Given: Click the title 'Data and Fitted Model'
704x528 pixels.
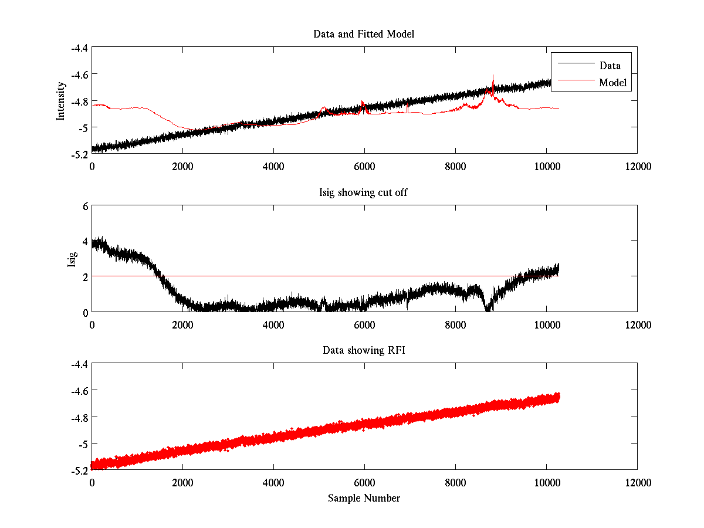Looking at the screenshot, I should click(x=364, y=34).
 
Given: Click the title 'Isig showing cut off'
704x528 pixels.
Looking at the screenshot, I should click(x=364, y=192).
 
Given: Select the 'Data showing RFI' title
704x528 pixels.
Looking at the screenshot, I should click(x=364, y=350).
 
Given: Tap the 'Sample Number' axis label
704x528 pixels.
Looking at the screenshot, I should click(x=364, y=498).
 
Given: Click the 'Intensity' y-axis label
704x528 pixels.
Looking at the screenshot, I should click(x=60, y=101).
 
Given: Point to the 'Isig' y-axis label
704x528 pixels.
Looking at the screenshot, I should click(x=72, y=259).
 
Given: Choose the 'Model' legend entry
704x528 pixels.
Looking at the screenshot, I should click(x=612, y=83).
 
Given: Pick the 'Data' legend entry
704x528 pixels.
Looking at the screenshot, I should click(x=610, y=65).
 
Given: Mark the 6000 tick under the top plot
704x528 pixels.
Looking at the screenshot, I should click(x=364, y=167).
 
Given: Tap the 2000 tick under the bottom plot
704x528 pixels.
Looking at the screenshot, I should click(x=182, y=482).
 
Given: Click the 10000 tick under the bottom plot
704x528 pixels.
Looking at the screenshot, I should click(x=546, y=482).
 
